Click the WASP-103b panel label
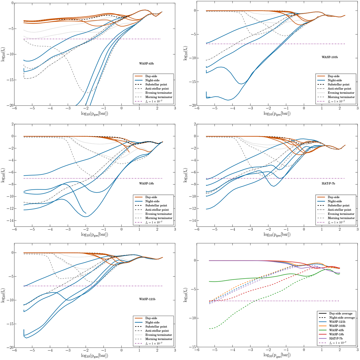(x=330, y=57)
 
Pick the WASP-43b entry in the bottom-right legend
(x=337, y=330)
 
